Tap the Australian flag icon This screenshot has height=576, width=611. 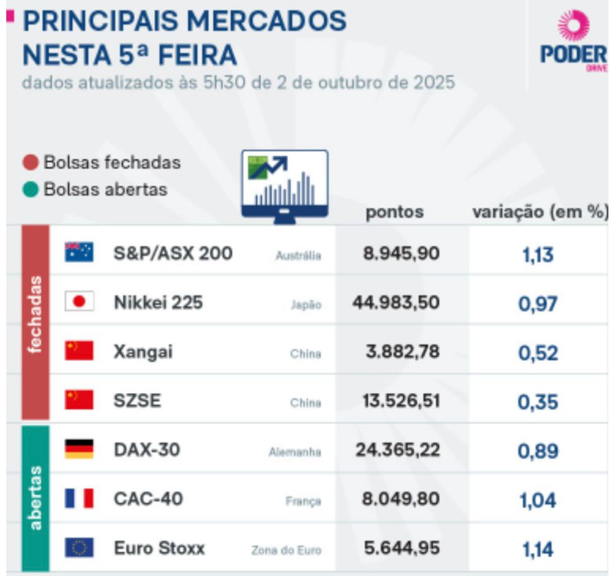(x=79, y=252)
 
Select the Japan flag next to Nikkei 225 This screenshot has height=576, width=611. (x=79, y=302)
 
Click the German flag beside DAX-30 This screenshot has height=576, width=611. (x=79, y=449)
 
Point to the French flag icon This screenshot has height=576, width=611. (x=79, y=498)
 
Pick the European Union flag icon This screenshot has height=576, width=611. (x=79, y=548)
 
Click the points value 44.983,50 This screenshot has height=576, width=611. (x=396, y=303)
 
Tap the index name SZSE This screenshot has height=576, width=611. (x=137, y=401)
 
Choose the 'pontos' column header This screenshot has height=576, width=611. (x=394, y=213)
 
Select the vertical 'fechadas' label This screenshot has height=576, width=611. (x=35, y=314)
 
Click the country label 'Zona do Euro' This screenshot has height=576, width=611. (x=286, y=551)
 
